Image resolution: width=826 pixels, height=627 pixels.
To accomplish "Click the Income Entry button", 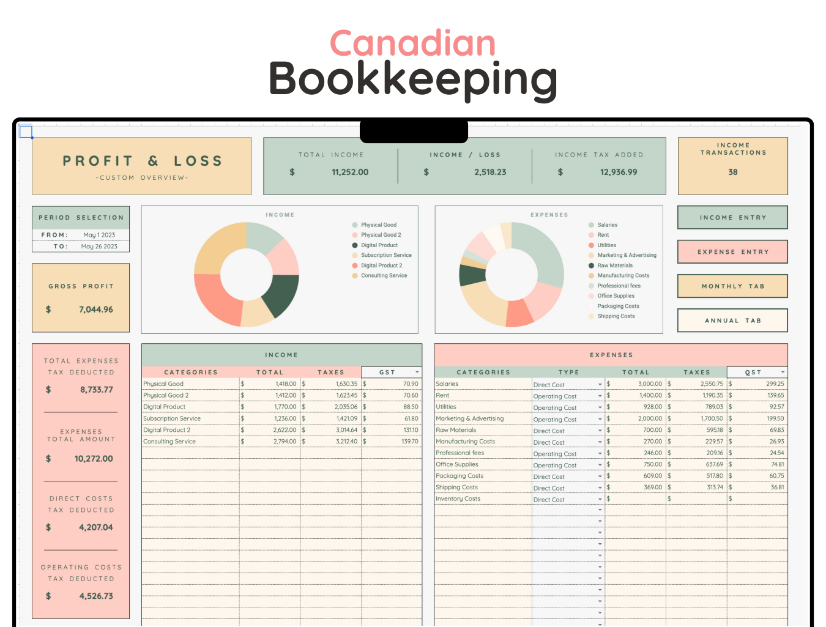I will [732, 218].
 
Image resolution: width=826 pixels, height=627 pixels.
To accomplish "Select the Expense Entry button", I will [732, 252].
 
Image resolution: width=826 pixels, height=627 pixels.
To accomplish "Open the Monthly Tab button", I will [732, 286].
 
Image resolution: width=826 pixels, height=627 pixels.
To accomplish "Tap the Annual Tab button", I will [732, 321].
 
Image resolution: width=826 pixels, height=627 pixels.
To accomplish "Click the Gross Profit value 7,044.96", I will [95, 310].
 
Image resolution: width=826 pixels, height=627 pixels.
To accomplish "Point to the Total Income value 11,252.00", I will [350, 173].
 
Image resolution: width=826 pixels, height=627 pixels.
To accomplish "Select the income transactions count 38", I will [732, 173].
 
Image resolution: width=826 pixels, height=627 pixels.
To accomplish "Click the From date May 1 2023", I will [99, 235].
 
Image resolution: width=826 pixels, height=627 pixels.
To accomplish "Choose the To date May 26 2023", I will [99, 247].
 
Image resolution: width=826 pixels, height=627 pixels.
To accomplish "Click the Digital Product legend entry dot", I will [355, 245].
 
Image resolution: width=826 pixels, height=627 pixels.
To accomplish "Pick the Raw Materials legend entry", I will [615, 265].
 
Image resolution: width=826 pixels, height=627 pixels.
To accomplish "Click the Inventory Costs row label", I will [458, 499].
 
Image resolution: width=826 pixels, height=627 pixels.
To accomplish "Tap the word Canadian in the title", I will [412, 44].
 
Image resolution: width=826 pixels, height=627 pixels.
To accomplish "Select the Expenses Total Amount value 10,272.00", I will [93, 459].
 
